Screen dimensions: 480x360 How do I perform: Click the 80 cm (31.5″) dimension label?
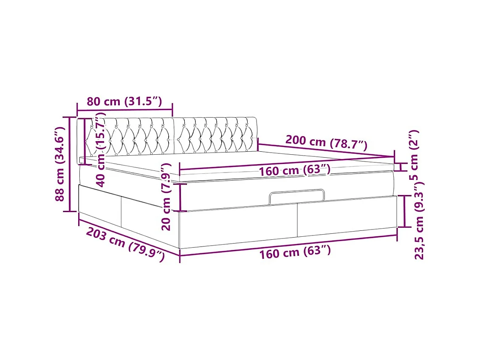pos(124,101)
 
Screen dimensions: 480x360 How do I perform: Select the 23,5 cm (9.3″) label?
pos(419,221)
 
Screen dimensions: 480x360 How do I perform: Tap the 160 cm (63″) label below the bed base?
pos(295,252)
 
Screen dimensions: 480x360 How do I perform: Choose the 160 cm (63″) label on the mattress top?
pos(295,170)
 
